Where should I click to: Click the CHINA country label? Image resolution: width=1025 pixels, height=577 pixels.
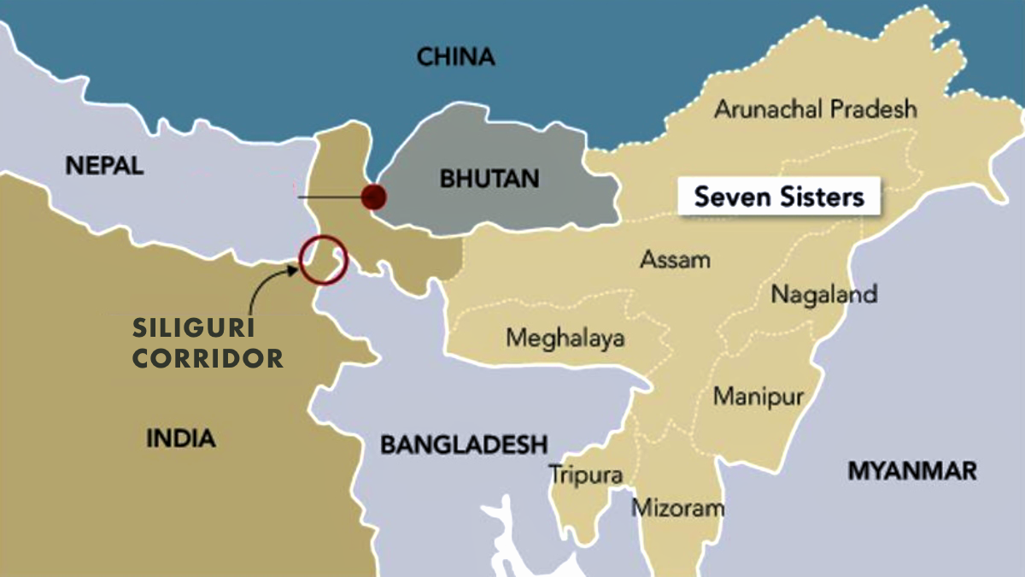click(x=455, y=58)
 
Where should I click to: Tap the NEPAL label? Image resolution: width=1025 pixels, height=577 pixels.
click(x=104, y=166)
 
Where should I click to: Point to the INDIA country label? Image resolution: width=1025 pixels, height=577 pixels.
click(x=181, y=439)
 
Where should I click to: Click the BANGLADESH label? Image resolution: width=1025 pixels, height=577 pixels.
click(x=463, y=445)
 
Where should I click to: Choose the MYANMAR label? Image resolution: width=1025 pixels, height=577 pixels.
click(x=911, y=471)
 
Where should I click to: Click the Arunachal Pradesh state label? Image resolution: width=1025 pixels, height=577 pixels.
click(x=815, y=109)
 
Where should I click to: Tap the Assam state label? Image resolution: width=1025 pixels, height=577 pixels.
click(x=675, y=259)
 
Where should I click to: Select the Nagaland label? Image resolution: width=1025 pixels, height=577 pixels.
click(x=823, y=295)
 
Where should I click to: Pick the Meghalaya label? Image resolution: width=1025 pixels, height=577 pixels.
click(x=565, y=338)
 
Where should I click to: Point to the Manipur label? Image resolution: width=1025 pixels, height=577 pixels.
click(x=758, y=397)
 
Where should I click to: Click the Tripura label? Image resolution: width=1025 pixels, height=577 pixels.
click(x=585, y=474)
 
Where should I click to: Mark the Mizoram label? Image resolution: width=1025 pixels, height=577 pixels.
click(x=677, y=509)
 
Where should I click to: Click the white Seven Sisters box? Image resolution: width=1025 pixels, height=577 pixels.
click(x=778, y=197)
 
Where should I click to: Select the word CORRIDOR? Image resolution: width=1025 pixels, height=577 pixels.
click(x=208, y=358)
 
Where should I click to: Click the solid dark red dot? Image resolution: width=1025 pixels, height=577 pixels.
click(x=373, y=197)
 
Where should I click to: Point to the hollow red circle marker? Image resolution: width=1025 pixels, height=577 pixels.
click(x=323, y=260)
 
